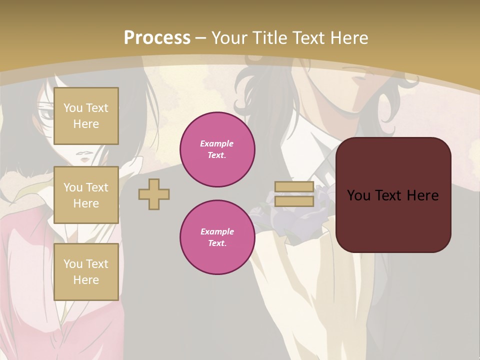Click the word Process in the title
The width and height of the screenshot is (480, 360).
(157, 38)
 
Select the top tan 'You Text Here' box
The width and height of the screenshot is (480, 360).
(86, 116)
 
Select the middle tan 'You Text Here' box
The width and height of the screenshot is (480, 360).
(86, 195)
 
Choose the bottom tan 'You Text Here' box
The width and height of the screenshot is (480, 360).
(86, 272)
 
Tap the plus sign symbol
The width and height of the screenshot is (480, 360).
(154, 194)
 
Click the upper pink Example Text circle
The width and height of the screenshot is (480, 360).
(217, 149)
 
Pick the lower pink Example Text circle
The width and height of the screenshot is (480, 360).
(217, 237)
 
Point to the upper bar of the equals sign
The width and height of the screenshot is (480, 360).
(294, 187)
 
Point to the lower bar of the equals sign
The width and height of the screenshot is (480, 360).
(294, 201)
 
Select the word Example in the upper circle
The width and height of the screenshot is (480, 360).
(217, 144)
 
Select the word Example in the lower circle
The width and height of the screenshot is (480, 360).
(217, 232)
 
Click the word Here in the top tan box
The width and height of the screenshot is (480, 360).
(86, 124)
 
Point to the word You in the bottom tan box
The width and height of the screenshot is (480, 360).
(73, 264)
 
